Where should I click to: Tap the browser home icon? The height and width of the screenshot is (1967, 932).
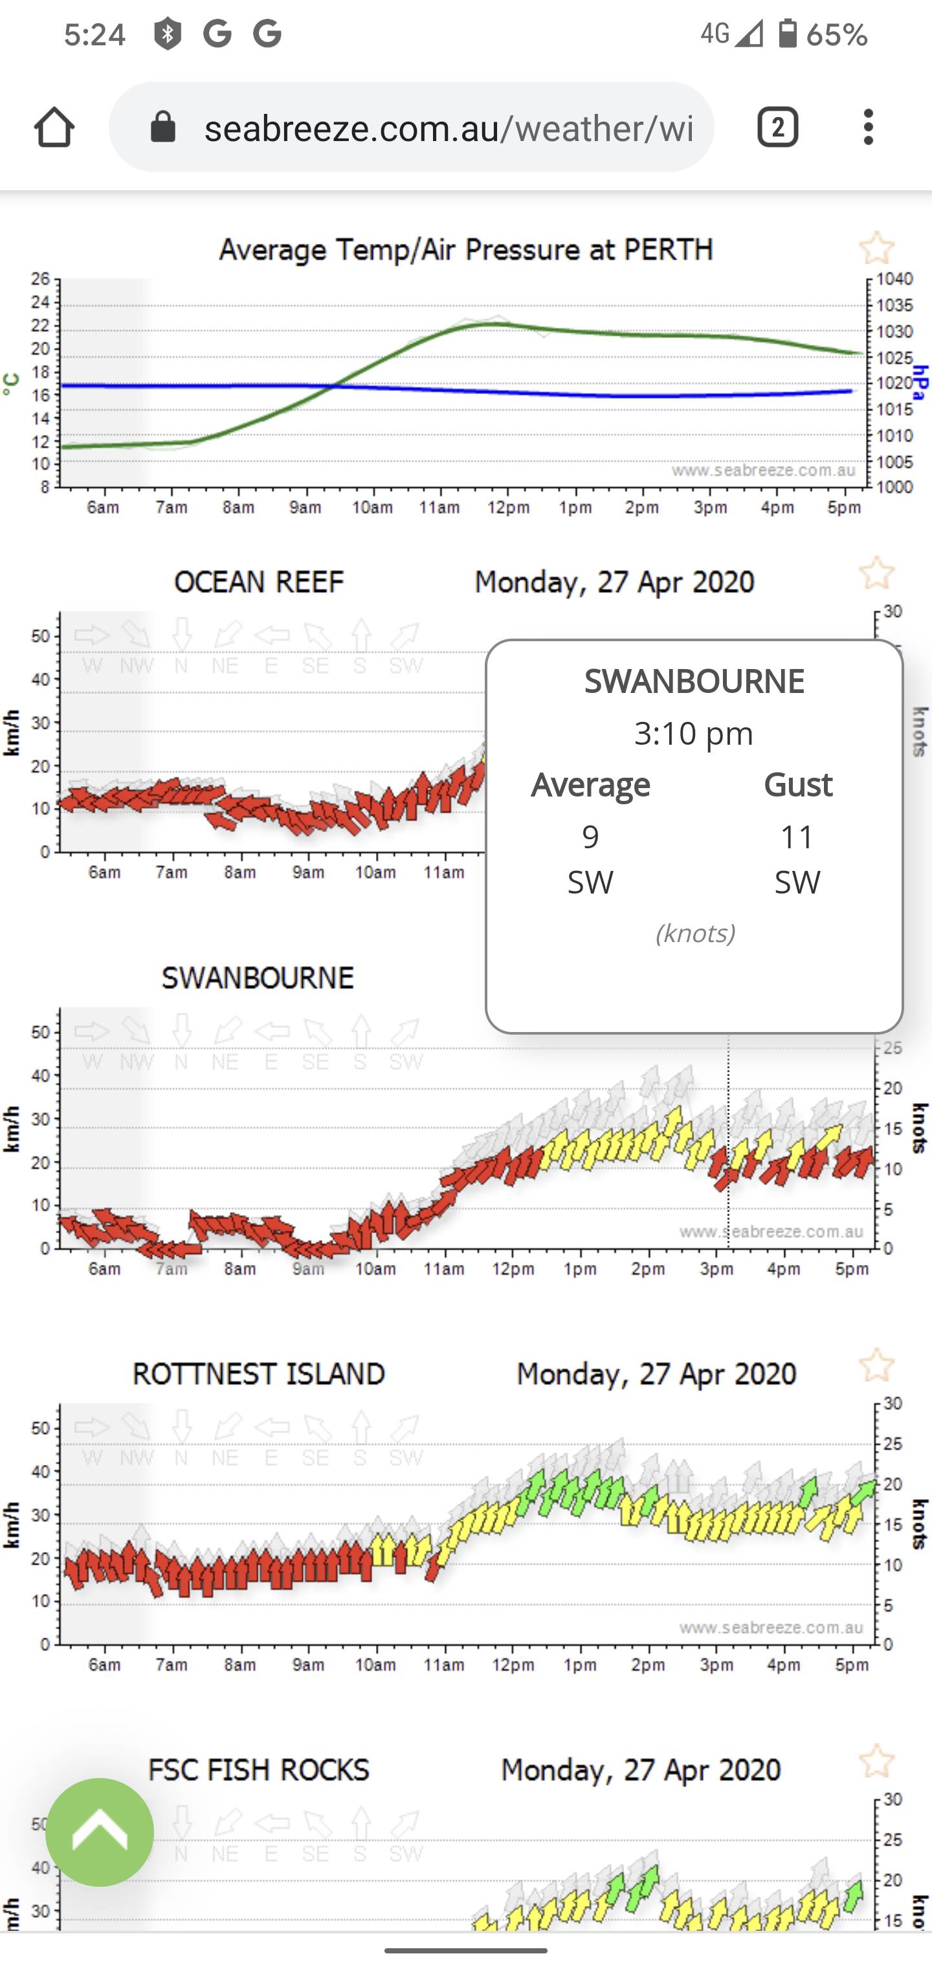pos(54,127)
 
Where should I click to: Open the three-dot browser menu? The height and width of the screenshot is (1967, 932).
pos(868,127)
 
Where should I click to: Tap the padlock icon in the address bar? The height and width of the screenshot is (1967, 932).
pos(162,127)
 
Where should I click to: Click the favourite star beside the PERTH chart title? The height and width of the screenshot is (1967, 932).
pos(876,248)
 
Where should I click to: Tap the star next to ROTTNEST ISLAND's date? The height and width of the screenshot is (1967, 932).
pos(876,1365)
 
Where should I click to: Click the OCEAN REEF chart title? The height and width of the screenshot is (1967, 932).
pos(259,582)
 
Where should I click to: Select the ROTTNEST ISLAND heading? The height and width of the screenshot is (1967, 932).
pos(258,1374)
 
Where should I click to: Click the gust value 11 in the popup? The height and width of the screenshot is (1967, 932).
pos(797,837)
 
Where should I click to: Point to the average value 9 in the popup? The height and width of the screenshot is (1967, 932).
pos(590,837)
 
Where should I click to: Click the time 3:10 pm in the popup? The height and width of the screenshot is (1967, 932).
pos(694,733)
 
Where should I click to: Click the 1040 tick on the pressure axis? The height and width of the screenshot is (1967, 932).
pos(894,279)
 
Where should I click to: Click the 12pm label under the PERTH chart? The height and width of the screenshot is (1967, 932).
pos(508,508)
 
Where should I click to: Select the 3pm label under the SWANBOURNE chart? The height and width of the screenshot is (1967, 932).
pos(716,1268)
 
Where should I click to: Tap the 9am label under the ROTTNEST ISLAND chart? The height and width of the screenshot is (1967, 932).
pos(308,1665)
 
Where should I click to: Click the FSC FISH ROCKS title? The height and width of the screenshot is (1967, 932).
pos(258,1769)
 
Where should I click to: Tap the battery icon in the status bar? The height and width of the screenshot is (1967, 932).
pos(788,34)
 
